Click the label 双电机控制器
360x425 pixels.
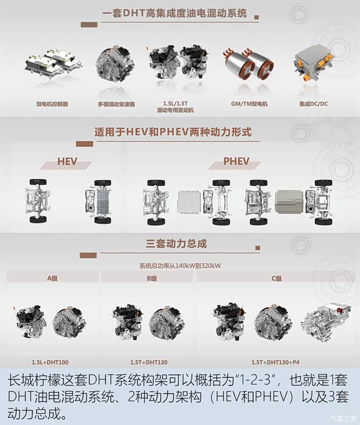click(x=52, y=104)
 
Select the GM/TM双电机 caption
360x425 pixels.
click(x=249, y=104)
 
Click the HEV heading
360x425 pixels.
click(x=71, y=161)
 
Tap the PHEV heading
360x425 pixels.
click(x=236, y=161)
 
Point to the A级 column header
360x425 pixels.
click(x=53, y=278)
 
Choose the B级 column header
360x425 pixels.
click(x=152, y=278)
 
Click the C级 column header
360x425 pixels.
click(x=277, y=278)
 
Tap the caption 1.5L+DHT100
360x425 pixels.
click(x=51, y=361)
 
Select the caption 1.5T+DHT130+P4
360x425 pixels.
click(x=276, y=361)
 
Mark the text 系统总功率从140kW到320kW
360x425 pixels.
click(x=180, y=266)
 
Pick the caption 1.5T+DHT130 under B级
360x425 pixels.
click(x=150, y=361)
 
